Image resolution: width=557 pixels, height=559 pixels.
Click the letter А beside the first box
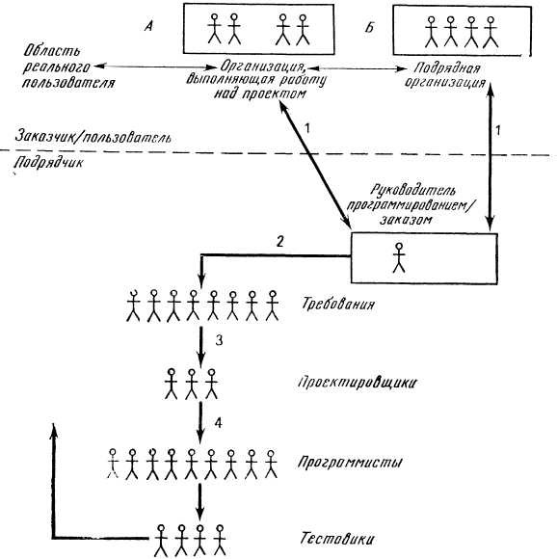[148, 26]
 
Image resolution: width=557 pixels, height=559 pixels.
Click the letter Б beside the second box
[369, 27]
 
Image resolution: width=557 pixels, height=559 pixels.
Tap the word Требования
[338, 305]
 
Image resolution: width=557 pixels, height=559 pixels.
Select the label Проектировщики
[357, 383]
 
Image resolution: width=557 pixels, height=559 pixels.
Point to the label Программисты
[351, 463]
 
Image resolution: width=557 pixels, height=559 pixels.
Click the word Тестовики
[336, 538]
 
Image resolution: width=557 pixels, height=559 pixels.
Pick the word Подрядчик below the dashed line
[49, 163]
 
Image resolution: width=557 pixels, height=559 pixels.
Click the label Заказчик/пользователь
[93, 137]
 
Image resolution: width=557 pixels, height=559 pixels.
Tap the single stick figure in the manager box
[399, 257]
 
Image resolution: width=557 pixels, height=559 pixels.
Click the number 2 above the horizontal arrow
[280, 242]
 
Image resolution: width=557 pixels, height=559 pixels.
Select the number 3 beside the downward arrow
[219, 340]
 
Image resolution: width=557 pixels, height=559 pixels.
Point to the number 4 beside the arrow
[219, 423]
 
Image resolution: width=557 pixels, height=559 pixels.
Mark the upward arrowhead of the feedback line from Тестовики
[53, 430]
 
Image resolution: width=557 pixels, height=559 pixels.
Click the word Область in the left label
[52, 52]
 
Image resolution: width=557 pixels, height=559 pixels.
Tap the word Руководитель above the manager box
[412, 191]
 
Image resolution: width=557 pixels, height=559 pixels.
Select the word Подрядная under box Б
[447, 68]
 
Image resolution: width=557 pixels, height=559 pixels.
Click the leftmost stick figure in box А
[214, 29]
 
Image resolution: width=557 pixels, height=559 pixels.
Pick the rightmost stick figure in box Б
[491, 32]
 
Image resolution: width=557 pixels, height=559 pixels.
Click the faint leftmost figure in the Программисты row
[113, 464]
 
